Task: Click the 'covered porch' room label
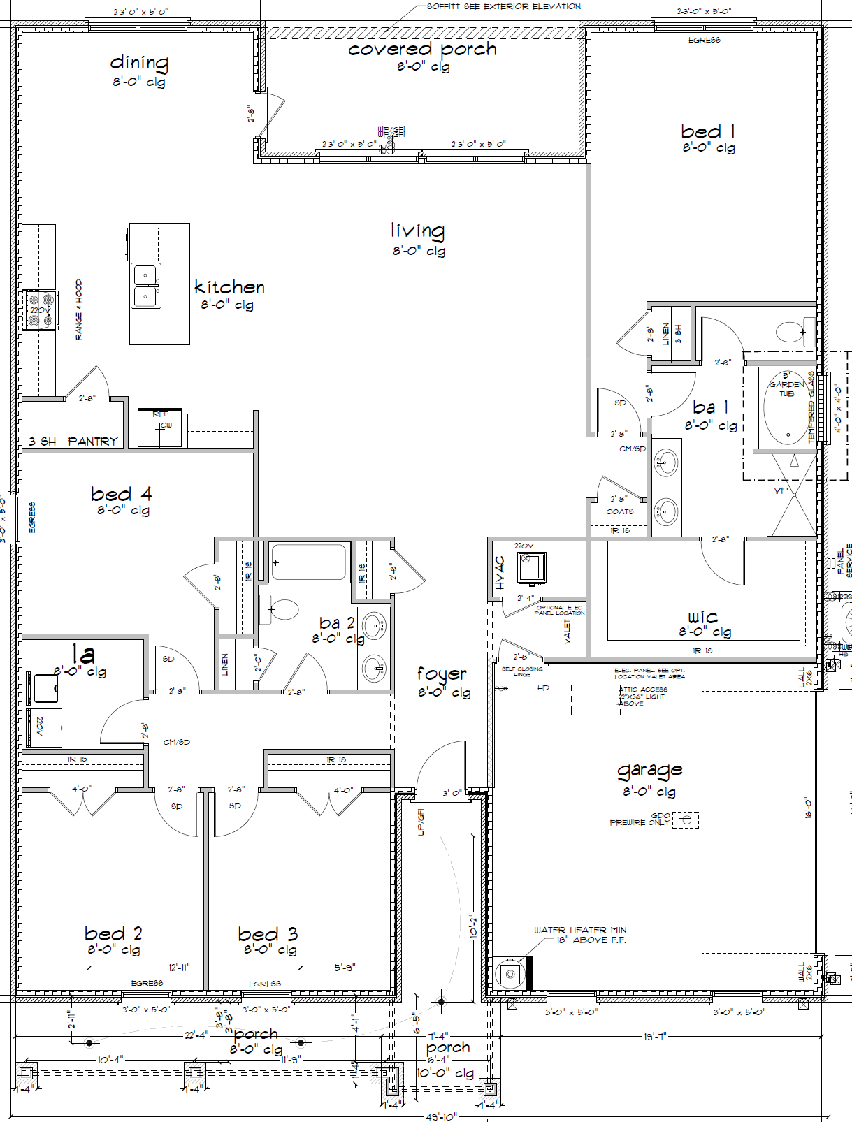pos(422,50)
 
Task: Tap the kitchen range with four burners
pos(40,310)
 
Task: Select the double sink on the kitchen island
pos(147,286)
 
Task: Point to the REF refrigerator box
pos(160,428)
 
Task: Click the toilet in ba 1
pos(794,332)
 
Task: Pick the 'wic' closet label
pos(702,617)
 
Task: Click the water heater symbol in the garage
pos(510,973)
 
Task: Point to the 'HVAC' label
pos(500,573)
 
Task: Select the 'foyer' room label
pos(441,674)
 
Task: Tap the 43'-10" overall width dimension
pos(441,1116)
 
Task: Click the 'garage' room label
pos(649,771)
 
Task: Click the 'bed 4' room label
pos(121,494)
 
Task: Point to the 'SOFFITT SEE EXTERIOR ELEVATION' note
pos(503,6)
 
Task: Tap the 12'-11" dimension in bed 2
pos(179,968)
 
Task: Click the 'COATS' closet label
pos(619,511)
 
